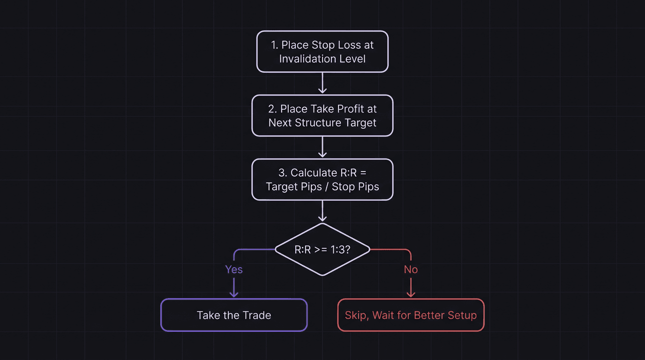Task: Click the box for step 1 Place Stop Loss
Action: point(322,52)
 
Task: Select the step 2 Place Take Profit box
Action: point(322,116)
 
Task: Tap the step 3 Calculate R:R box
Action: point(322,180)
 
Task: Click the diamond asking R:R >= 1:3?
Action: point(322,249)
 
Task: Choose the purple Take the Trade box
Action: point(233,315)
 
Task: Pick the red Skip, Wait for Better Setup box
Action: point(411,315)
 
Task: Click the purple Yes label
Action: point(233,270)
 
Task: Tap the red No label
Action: point(411,270)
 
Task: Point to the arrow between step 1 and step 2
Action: point(322,83)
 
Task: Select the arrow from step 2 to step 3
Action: point(322,147)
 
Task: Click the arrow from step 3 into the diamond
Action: point(322,211)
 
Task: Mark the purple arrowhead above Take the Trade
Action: point(233,294)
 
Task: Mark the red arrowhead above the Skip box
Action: point(411,294)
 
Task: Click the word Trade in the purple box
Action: point(257,315)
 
